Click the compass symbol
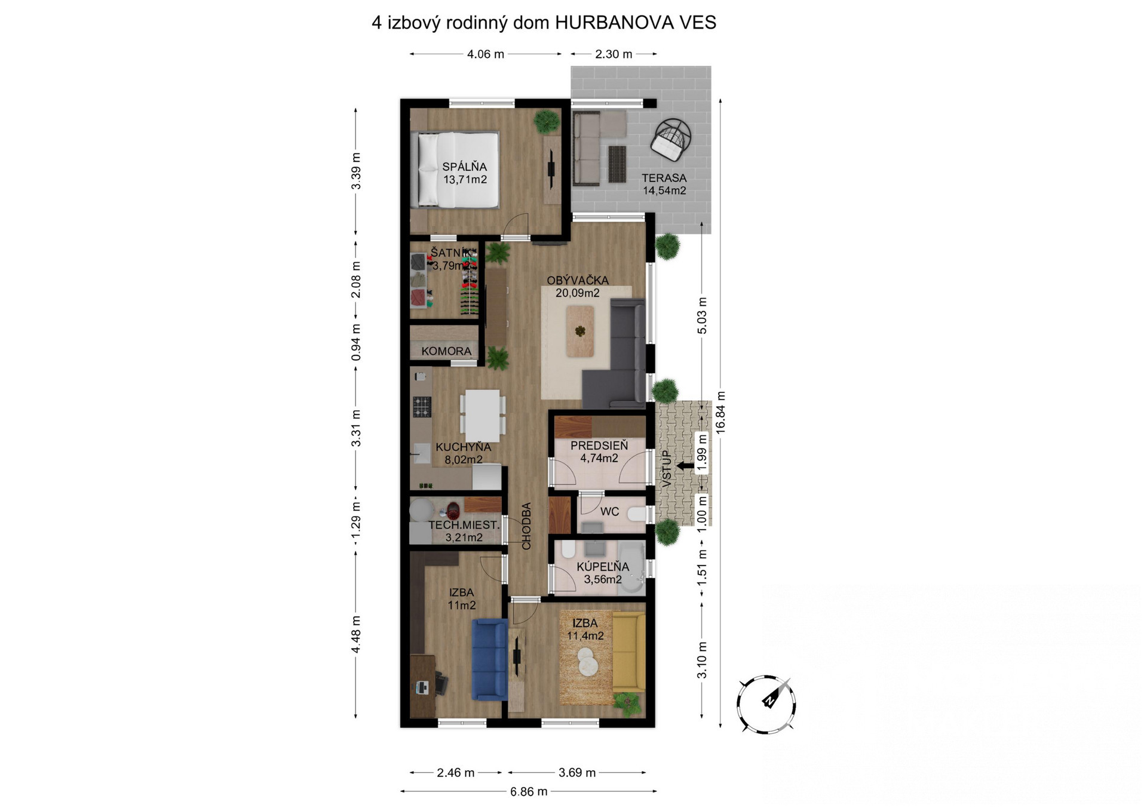[x=766, y=704]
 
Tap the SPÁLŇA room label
[x=464, y=167]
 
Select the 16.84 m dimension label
[x=720, y=412]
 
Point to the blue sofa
[x=490, y=659]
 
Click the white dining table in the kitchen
[x=483, y=415]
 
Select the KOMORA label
[x=446, y=351]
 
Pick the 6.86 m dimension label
[x=529, y=792]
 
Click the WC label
[x=609, y=512]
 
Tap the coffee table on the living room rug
[x=580, y=331]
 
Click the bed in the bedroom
[x=458, y=170]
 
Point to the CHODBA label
[x=526, y=526]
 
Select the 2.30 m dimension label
[x=614, y=54]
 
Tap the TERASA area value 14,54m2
[x=664, y=191]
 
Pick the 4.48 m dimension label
[x=356, y=634]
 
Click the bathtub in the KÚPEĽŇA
[x=632, y=567]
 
